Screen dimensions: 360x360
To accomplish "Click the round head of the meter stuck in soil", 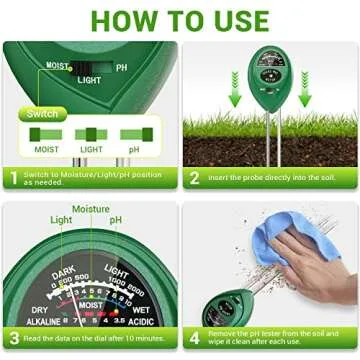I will coord(268,74).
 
